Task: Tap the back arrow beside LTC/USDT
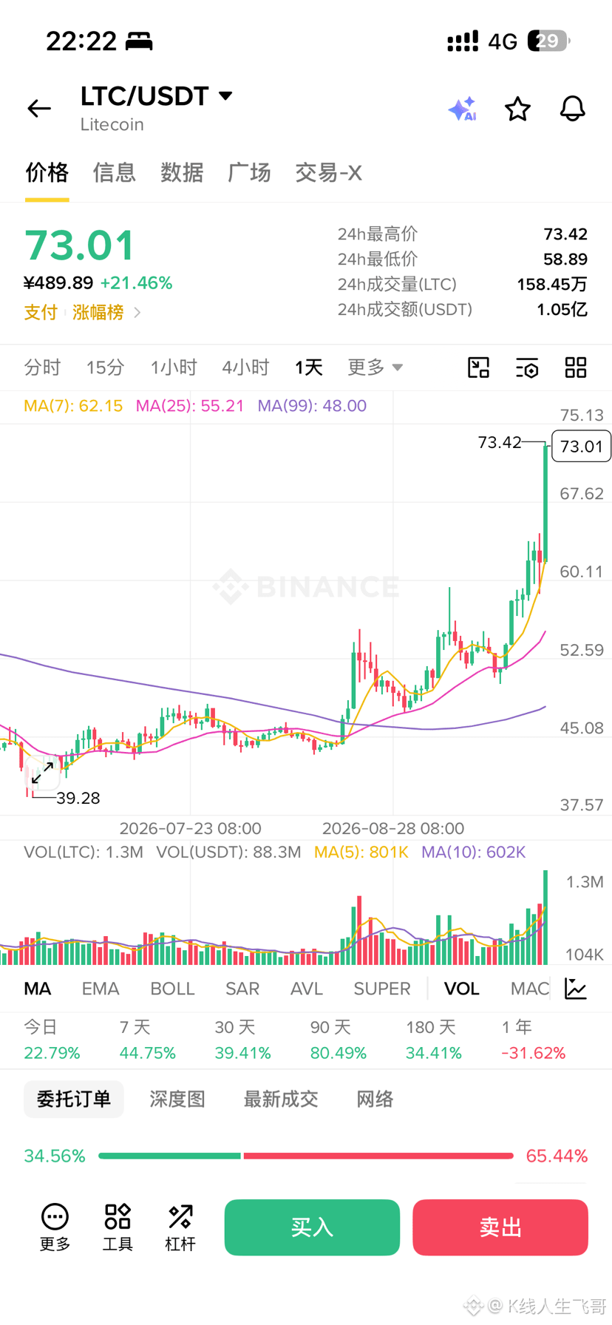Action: pyautogui.click(x=39, y=109)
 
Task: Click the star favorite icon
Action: pyautogui.click(x=517, y=109)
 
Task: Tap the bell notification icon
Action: pyautogui.click(x=572, y=109)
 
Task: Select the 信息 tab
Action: pyautogui.click(x=115, y=172)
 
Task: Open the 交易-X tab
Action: pyautogui.click(x=328, y=172)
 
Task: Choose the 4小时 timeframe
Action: pyautogui.click(x=245, y=367)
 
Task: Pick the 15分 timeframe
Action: pyautogui.click(x=105, y=367)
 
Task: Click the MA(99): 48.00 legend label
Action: pyautogui.click(x=312, y=406)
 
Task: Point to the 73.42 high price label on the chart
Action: pyautogui.click(x=500, y=442)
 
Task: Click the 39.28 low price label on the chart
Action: pyautogui.click(x=78, y=798)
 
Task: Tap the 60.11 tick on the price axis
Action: pyautogui.click(x=582, y=572)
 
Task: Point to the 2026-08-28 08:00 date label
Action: pyautogui.click(x=393, y=828)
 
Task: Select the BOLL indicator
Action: pyautogui.click(x=172, y=989)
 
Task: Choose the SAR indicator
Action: pyautogui.click(x=242, y=989)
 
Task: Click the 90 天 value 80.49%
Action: pyautogui.click(x=339, y=1053)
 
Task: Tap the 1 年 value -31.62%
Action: pyautogui.click(x=533, y=1053)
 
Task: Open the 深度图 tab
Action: pyautogui.click(x=177, y=1099)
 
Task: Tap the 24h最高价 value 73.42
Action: pyautogui.click(x=565, y=234)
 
